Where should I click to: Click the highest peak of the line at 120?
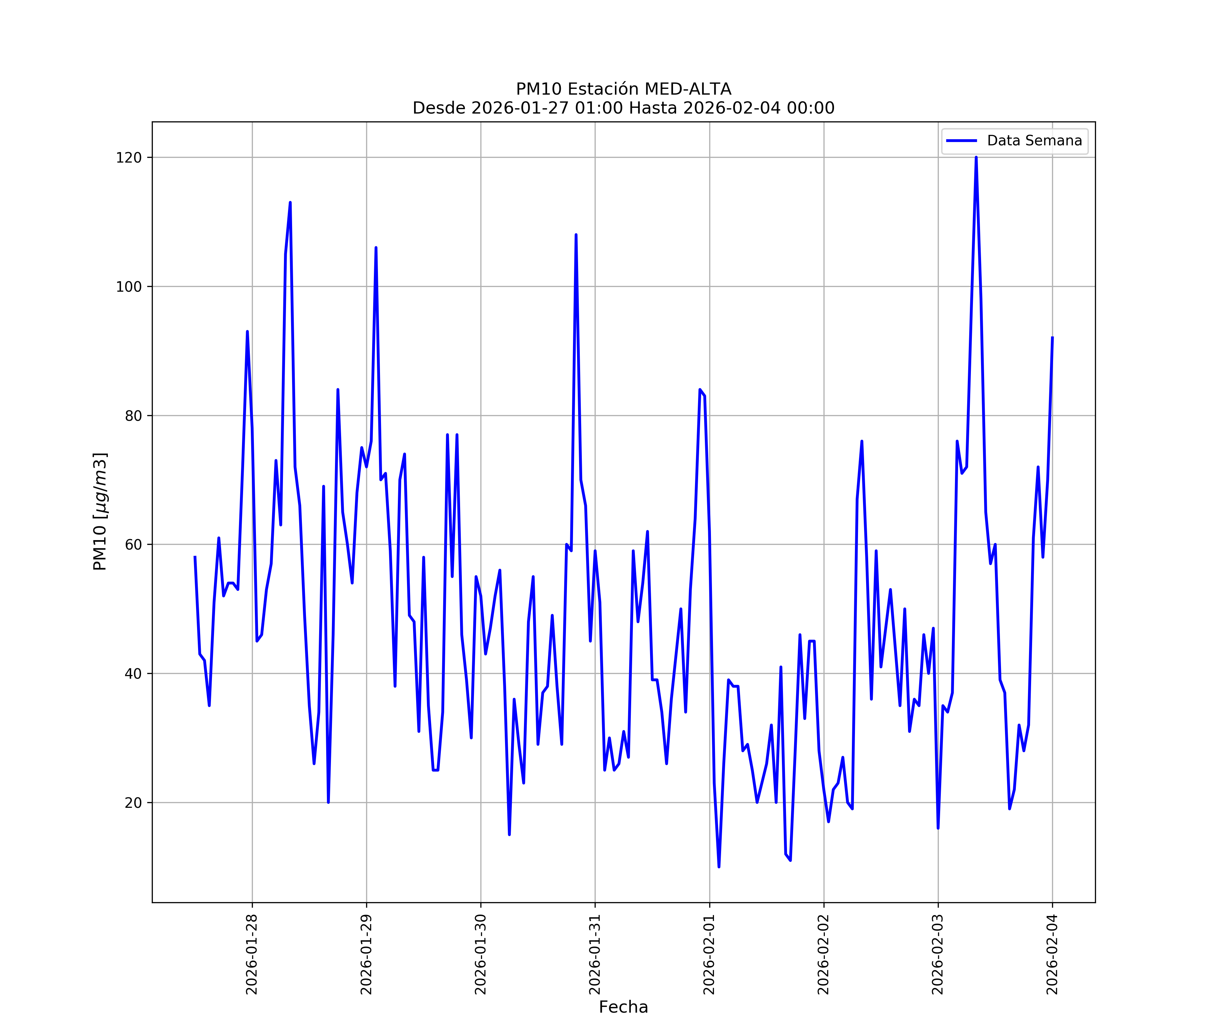(976, 157)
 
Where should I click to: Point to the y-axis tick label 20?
(133, 802)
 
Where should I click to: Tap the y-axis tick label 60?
(133, 544)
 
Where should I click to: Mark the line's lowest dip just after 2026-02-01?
(719, 867)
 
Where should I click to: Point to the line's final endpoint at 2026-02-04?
(1052, 337)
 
